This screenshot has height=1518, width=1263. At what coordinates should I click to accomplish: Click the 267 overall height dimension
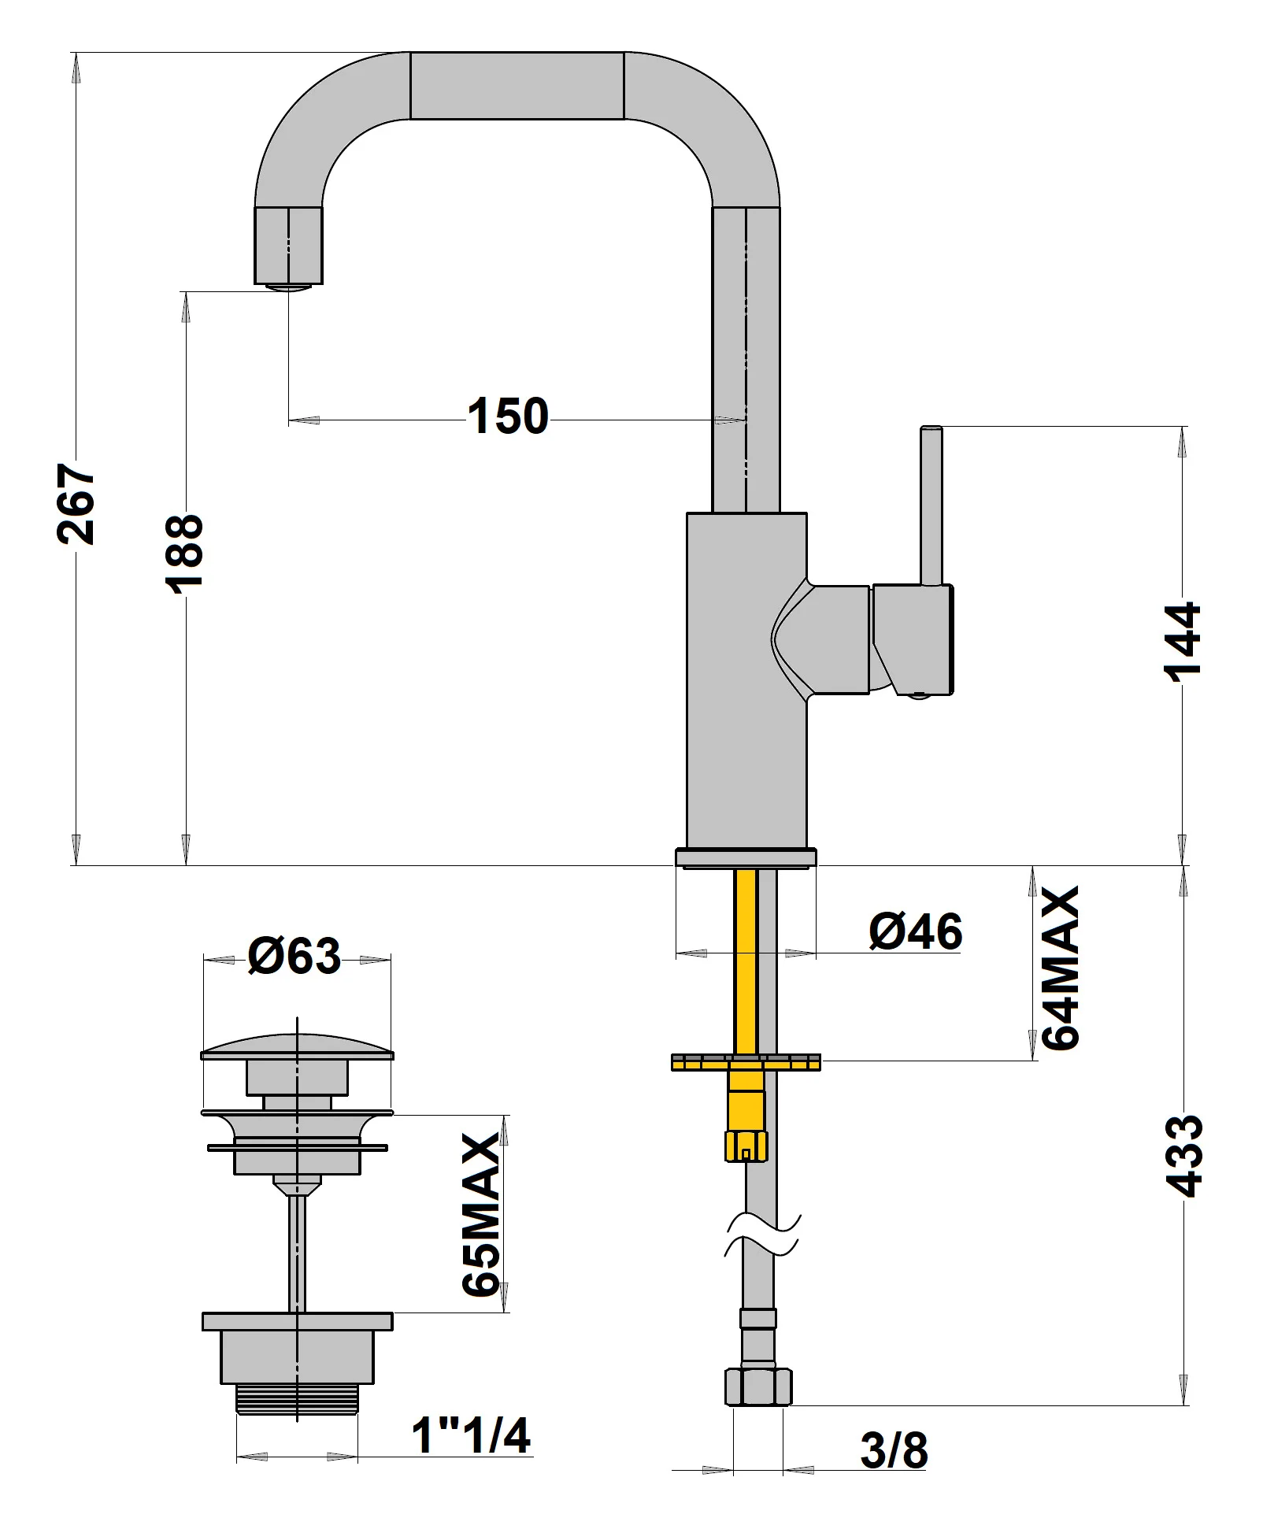pyautogui.click(x=76, y=504)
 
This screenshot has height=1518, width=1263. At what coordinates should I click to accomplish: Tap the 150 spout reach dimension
pyautogui.click(x=508, y=417)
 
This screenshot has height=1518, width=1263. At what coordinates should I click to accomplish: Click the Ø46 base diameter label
pyautogui.click(x=915, y=931)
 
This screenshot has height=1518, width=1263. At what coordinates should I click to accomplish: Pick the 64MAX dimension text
pyautogui.click(x=1060, y=968)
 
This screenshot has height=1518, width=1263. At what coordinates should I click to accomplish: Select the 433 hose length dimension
pyautogui.click(x=1183, y=1156)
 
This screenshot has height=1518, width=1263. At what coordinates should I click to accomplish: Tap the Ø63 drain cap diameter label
pyautogui.click(x=294, y=956)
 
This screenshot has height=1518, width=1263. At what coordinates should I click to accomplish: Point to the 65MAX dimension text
pyautogui.click(x=481, y=1215)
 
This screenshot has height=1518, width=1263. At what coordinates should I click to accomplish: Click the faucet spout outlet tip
pyautogui.click(x=288, y=287)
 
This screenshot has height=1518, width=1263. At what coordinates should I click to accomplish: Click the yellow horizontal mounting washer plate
pyautogui.click(x=745, y=1063)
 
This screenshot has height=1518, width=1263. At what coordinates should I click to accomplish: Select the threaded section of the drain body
pyautogui.click(x=297, y=1400)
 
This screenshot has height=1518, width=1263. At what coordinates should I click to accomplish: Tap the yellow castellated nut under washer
pyautogui.click(x=745, y=1145)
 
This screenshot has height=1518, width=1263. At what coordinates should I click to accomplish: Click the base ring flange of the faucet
pyautogui.click(x=745, y=857)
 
